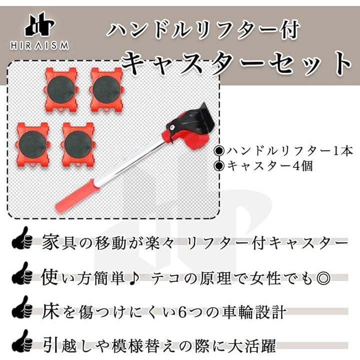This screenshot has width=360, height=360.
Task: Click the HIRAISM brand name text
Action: pyautogui.click(x=39, y=46)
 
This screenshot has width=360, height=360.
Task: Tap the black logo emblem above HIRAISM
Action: pyautogui.click(x=40, y=24)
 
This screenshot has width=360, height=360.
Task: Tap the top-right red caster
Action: pyautogui.click(x=106, y=89)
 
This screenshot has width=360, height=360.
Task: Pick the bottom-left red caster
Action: pyautogui.click(x=32, y=144)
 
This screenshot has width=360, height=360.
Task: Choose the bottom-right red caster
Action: pyautogui.click(x=78, y=144)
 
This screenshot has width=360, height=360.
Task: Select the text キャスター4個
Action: pyautogui.click(x=270, y=166)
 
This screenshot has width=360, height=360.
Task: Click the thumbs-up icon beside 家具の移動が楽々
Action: pyautogui.click(x=22, y=240)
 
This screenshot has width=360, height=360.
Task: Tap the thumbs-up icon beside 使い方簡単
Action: pyautogui.click(x=22, y=275)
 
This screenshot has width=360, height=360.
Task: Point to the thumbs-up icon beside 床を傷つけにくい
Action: pyautogui.click(x=22, y=309)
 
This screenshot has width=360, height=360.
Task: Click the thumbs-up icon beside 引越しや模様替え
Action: pyautogui.click(x=22, y=343)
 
